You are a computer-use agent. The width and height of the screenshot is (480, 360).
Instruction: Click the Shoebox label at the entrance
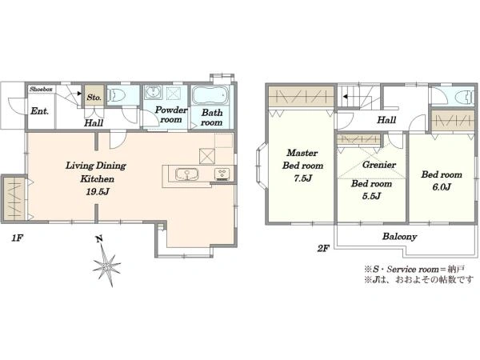[41, 90]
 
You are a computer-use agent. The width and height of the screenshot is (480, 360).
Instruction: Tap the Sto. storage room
[94, 96]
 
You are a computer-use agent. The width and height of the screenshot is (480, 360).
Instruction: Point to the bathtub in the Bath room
[210, 95]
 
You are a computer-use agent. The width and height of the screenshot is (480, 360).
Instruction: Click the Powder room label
[171, 114]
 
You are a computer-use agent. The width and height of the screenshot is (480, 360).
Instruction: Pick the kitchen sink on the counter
[186, 174]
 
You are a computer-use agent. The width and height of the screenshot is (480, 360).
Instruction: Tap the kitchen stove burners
[222, 174]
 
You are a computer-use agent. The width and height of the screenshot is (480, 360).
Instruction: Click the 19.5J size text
[98, 192]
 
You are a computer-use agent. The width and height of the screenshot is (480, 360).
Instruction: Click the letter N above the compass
[99, 239]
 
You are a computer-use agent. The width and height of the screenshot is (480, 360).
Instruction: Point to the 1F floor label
[18, 238]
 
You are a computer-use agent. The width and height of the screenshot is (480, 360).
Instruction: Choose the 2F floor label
[323, 249]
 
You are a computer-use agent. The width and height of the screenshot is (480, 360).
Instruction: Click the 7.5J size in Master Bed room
[302, 178]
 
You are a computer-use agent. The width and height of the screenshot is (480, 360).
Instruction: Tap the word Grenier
[379, 165]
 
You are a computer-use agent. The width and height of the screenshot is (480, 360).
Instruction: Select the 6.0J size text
[442, 186]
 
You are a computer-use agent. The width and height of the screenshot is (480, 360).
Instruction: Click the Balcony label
[399, 236]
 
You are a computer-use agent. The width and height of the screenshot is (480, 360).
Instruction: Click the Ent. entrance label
[40, 111]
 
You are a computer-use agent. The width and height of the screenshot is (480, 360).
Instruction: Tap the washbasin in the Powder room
[152, 92]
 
